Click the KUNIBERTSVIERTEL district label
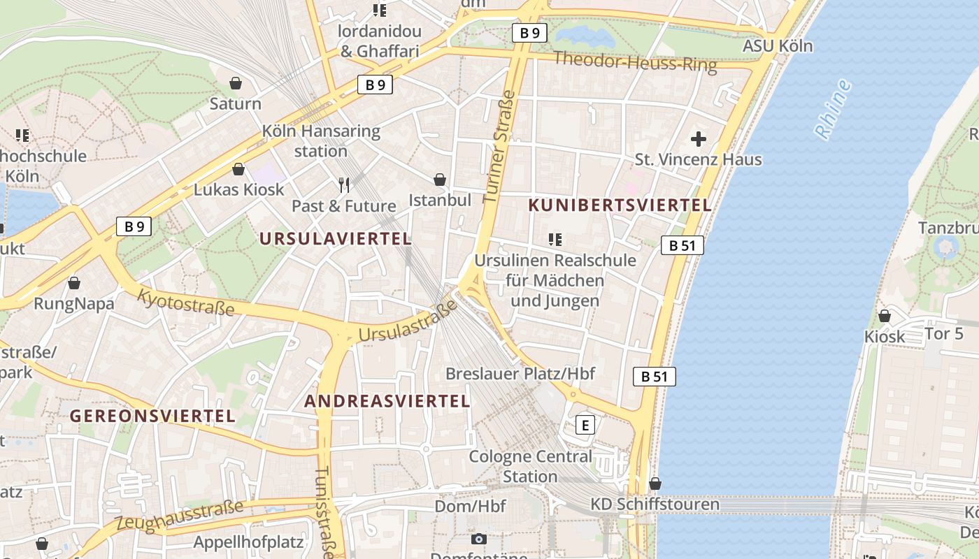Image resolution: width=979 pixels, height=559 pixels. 620,205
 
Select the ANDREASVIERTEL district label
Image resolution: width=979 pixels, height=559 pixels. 387,401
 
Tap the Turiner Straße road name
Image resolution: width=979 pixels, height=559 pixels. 499,147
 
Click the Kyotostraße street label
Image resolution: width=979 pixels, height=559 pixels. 185,303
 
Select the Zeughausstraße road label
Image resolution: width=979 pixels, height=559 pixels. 180,516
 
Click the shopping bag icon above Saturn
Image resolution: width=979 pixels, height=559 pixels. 236,83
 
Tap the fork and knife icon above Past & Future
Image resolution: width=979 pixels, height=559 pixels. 343,185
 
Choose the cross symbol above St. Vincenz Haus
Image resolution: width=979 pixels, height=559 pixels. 698,138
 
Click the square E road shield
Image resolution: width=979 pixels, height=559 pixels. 585,425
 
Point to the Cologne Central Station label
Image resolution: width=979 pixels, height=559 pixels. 530,467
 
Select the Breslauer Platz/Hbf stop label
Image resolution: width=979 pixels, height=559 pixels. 520,374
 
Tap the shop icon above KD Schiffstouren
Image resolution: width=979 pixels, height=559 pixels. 655,484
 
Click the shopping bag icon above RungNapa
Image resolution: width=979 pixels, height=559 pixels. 74,283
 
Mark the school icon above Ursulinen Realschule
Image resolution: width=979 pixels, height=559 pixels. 555,240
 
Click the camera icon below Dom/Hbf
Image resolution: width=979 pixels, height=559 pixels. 479,539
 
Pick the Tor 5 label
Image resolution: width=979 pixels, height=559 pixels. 944,334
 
